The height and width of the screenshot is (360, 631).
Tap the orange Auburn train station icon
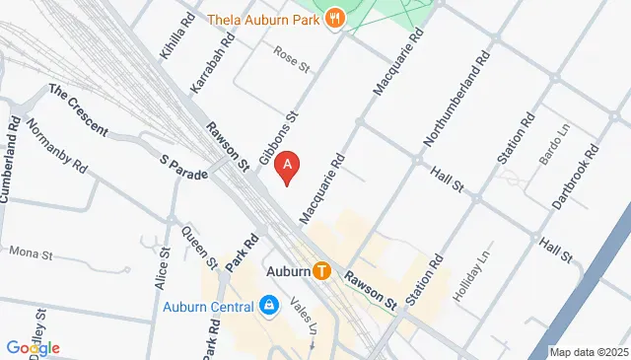pos(321,270)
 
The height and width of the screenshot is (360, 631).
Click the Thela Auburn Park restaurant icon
pos(337,17)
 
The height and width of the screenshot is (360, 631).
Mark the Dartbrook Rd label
pos(576,178)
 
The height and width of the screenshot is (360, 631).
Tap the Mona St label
pos(30,253)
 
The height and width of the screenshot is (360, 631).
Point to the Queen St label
pos(199,249)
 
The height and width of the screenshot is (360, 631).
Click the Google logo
pos(33,347)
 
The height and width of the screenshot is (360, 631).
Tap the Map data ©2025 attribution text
pos(589,352)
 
